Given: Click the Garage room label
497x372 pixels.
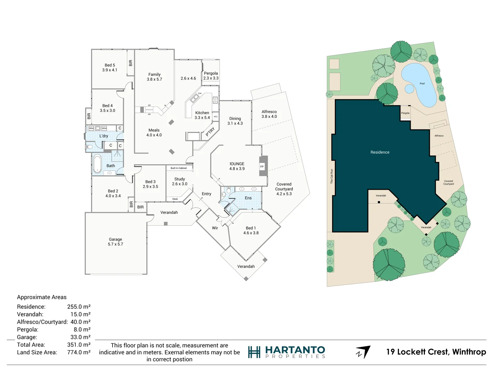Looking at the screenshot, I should coord(115,241).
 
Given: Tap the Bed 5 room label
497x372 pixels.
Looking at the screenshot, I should coord(110,68).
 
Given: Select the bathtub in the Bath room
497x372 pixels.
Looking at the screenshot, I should coord(97,164).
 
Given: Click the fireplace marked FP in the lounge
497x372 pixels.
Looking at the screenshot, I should coord(262,167).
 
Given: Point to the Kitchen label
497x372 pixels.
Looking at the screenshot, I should coord(202,115).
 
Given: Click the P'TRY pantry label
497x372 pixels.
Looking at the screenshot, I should coord(210,132).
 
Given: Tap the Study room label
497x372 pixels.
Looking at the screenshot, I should coord(179,181).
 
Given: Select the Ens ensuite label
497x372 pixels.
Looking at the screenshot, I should coord(248,198).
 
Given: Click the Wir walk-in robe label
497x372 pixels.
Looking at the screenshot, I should coord(215,228).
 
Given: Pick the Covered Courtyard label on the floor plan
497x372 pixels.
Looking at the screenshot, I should coord(284,189).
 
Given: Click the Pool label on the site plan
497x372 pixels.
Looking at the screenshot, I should coord(422,84).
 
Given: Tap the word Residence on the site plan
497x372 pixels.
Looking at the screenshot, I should coord(380,152).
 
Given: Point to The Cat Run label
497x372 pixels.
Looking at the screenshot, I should coord(332,176).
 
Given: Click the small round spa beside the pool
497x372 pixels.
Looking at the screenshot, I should coord(409,89).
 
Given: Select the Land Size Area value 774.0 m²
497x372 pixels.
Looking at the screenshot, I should coord(79,352).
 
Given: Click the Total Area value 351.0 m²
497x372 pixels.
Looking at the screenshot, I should coord(79,345).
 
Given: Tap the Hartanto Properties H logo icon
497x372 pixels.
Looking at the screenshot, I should coord(254,352).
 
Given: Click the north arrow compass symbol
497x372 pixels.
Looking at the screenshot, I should coord(363,352).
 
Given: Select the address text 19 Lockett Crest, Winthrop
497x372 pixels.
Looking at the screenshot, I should coord(436,352).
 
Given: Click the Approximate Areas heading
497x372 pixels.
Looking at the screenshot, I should coord(42,297).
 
